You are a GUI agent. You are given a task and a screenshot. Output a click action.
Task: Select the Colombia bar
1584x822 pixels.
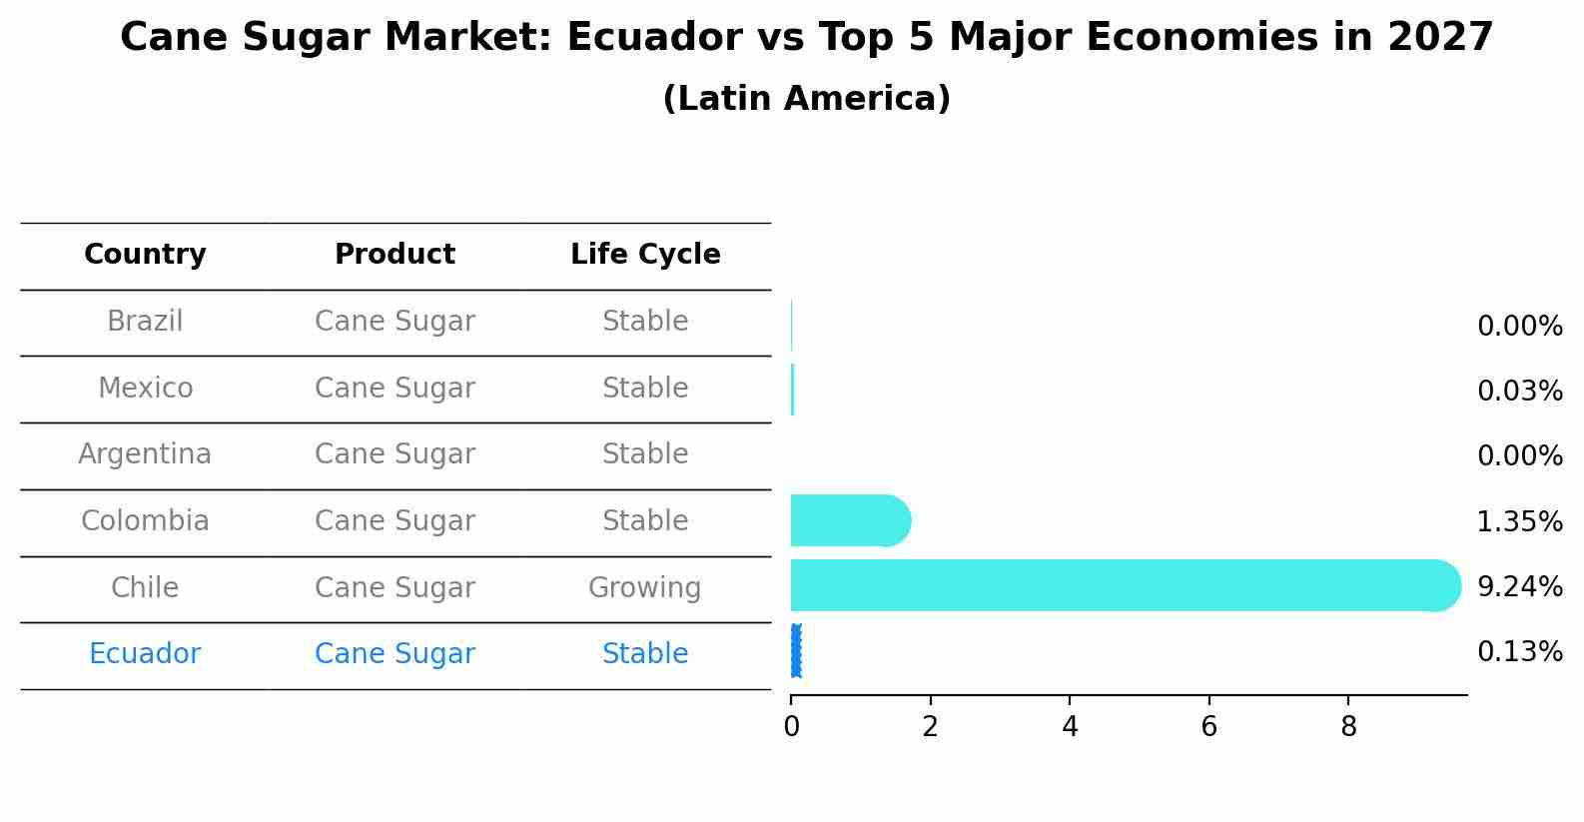[849, 520]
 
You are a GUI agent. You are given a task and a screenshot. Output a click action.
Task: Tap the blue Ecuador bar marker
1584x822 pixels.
[795, 651]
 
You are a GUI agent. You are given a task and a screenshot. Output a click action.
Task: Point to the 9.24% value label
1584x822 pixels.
[1519, 586]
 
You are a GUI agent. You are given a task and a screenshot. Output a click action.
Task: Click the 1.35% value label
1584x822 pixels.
[1519, 521]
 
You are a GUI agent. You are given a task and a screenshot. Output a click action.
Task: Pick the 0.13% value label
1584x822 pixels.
[1519, 652]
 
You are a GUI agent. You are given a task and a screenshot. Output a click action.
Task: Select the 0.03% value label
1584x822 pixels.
[1519, 391]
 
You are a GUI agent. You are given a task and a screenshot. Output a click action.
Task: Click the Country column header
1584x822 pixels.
[145, 255]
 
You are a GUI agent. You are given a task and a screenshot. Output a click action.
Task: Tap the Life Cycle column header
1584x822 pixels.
[645, 255]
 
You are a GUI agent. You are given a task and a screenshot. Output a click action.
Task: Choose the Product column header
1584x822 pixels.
[395, 255]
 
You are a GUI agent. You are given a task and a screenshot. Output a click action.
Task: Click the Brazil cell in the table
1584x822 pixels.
[145, 322]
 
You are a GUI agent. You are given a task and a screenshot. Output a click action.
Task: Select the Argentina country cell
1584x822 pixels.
[145, 454]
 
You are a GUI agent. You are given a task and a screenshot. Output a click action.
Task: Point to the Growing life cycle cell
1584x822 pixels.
[645, 587]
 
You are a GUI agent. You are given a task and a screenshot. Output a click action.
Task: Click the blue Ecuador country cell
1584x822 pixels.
[145, 654]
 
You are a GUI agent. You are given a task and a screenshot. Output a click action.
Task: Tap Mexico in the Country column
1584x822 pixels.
[145, 388]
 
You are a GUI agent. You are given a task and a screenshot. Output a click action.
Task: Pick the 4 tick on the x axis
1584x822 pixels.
[1070, 727]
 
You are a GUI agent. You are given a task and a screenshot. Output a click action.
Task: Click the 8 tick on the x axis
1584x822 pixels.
[1348, 727]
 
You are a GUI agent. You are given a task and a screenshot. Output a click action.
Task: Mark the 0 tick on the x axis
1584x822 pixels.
[791, 727]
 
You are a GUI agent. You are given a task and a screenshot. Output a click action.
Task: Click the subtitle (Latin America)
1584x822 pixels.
[806, 99]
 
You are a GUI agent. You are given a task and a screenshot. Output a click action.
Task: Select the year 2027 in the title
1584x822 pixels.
[1440, 38]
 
